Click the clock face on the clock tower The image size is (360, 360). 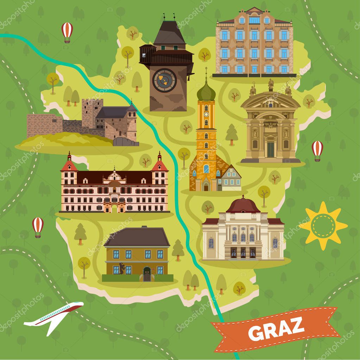(165, 80)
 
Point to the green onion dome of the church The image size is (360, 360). (206, 92)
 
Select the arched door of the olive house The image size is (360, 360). (147, 274)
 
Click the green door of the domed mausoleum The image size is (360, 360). (270, 149)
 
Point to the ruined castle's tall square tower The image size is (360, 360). (92, 112)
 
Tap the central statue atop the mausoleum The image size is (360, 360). (271, 85)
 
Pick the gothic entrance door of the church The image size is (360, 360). (206, 186)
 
